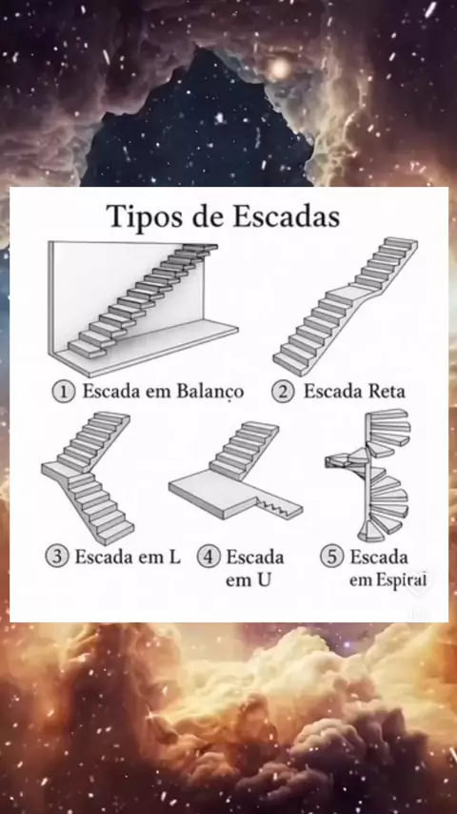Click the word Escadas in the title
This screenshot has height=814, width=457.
point(287,216)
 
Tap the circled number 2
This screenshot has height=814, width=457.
point(284,391)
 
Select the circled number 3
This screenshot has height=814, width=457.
point(56,557)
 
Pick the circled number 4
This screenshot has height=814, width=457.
point(209,557)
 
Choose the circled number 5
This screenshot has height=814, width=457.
point(332,557)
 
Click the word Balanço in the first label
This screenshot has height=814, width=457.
point(210,392)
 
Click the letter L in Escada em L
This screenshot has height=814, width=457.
point(174,558)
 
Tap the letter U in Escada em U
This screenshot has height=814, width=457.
point(263,580)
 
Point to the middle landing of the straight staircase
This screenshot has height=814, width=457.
point(348,295)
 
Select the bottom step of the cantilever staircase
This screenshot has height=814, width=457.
point(89,349)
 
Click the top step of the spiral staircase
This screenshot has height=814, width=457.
point(389,415)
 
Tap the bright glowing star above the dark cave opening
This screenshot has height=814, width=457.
point(279,68)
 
